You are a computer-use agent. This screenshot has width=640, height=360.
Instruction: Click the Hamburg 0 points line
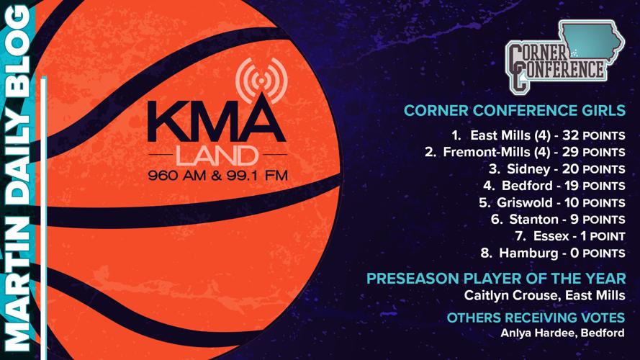point(553,253)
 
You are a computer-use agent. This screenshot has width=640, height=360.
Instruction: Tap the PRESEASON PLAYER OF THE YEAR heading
point(495,279)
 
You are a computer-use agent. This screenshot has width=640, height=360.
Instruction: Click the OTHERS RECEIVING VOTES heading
point(536,318)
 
